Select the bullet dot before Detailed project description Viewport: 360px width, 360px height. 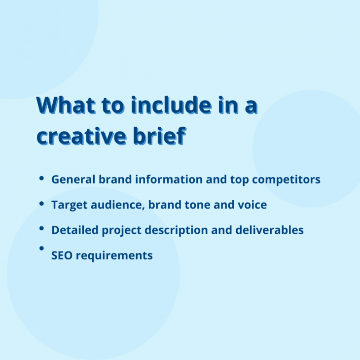pyautogui.click(x=42, y=229)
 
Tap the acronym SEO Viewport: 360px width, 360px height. pyautogui.click(x=62, y=255)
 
